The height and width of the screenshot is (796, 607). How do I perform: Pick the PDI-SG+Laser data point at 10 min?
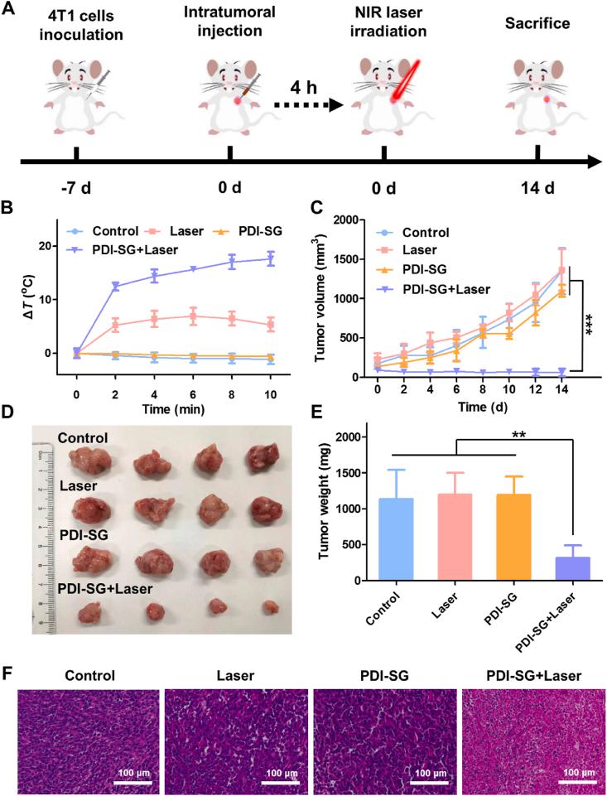point(269,258)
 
